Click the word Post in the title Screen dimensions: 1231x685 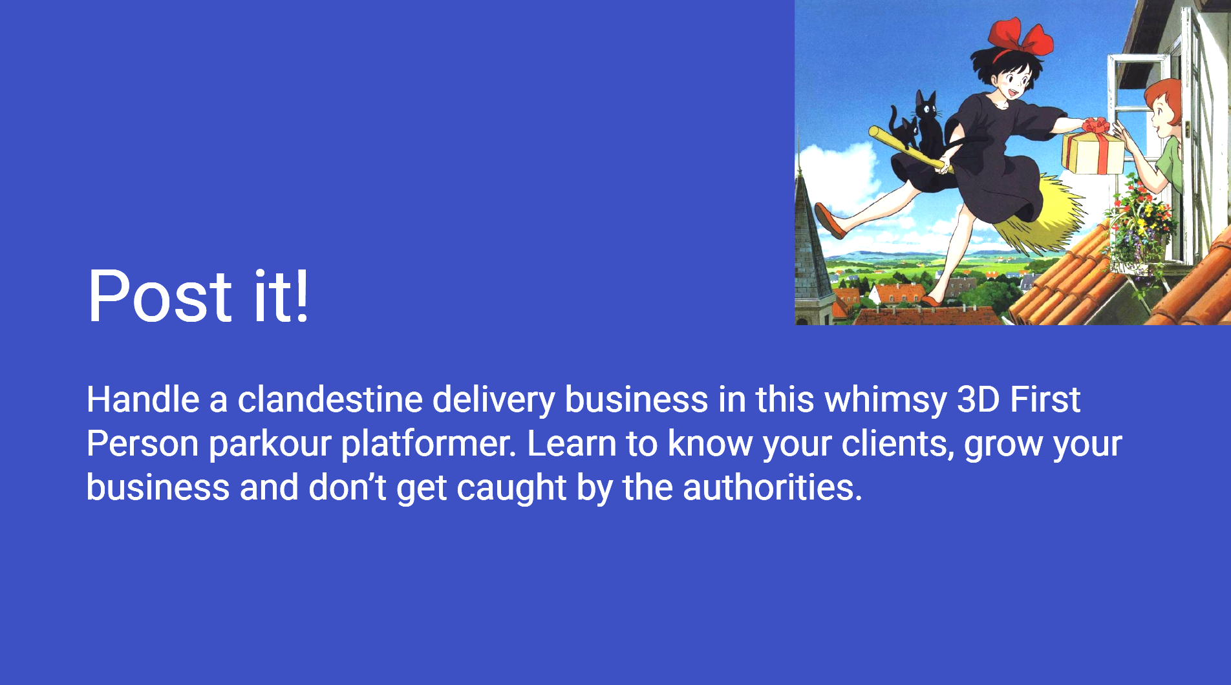[159, 296]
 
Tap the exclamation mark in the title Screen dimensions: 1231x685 [301, 296]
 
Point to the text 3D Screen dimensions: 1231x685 [978, 399]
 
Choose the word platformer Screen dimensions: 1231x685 [429, 445]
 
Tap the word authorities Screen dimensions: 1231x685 [773, 487]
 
